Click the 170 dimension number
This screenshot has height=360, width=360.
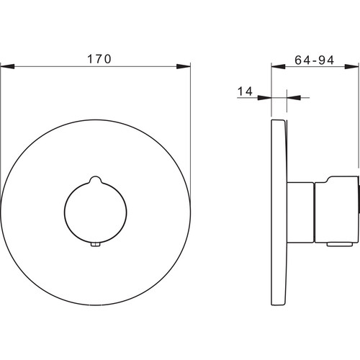(x=99, y=59)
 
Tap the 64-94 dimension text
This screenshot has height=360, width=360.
(x=314, y=60)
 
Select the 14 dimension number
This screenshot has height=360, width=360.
(x=245, y=91)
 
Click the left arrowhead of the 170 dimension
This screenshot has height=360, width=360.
(x=8, y=66)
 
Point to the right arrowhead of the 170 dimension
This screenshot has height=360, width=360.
(x=183, y=66)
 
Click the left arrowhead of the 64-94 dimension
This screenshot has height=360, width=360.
(x=279, y=66)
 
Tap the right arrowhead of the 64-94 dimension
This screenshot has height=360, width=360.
(x=352, y=66)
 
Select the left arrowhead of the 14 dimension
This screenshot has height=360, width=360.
(x=264, y=97)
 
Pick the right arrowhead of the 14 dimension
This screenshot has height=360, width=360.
(x=294, y=97)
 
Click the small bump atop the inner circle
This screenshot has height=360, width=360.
(x=96, y=180)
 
